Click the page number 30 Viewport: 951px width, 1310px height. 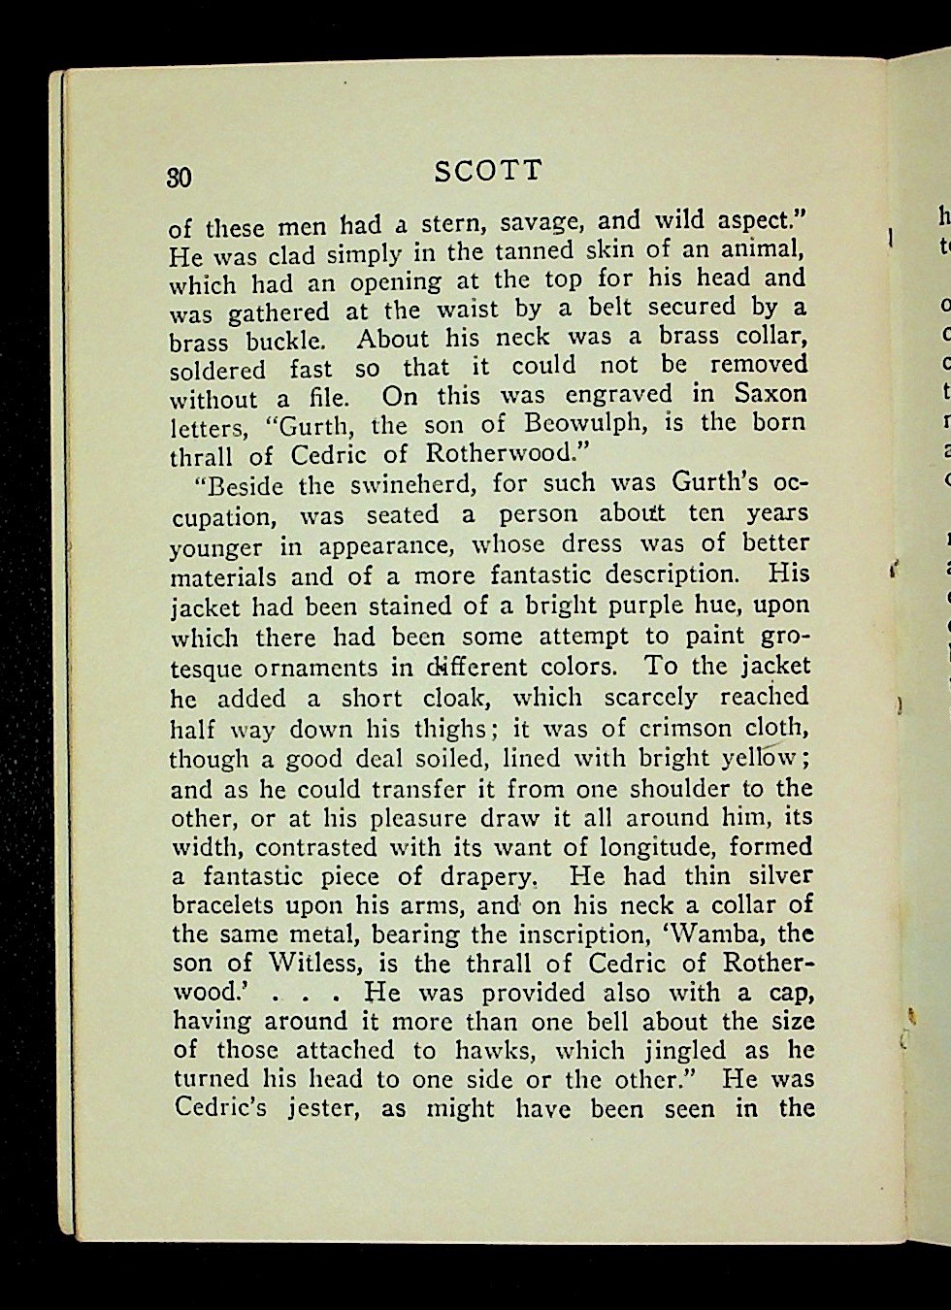[180, 178]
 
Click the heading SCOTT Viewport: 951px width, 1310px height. [488, 172]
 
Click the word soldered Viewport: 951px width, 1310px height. [217, 370]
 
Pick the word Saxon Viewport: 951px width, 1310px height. [771, 393]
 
